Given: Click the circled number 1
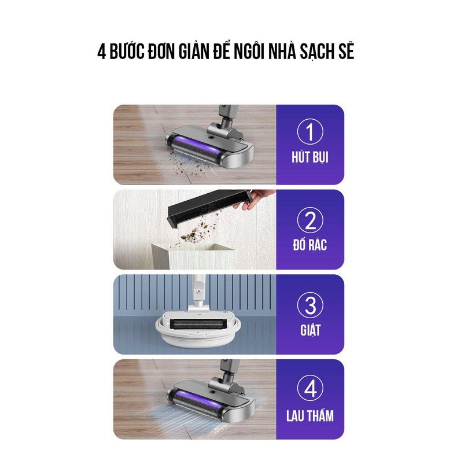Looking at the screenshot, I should click(310, 132).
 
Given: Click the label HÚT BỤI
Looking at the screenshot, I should click(310, 158).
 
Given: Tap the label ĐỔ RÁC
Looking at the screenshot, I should click(310, 244).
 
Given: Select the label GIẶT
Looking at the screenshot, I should click(310, 330).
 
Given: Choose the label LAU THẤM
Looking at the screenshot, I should click(310, 415).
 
